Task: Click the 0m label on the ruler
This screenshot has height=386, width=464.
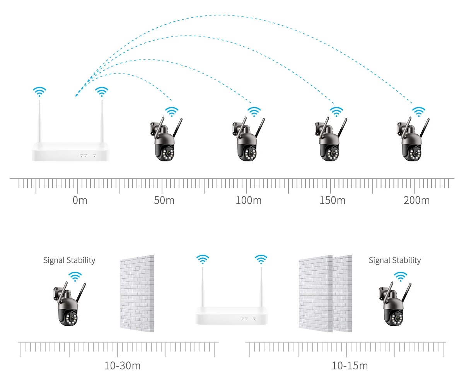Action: point(80,200)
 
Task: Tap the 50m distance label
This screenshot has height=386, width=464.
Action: point(164,200)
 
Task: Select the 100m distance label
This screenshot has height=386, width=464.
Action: point(248,200)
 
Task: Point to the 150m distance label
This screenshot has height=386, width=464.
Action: point(332,200)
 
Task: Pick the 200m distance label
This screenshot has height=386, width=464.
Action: point(416,200)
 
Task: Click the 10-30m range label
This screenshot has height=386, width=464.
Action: point(122,365)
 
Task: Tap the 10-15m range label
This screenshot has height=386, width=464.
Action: point(350,365)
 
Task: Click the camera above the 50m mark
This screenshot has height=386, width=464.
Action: point(165,141)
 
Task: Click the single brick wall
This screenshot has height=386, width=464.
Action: point(136,293)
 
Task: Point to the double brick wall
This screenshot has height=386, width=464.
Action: point(325,293)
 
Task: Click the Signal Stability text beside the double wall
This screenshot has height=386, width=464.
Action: point(394,260)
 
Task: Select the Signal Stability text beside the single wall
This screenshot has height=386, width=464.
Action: point(69,260)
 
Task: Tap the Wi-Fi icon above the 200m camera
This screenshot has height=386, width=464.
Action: point(418,112)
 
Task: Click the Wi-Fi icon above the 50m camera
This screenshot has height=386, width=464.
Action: point(172,112)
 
